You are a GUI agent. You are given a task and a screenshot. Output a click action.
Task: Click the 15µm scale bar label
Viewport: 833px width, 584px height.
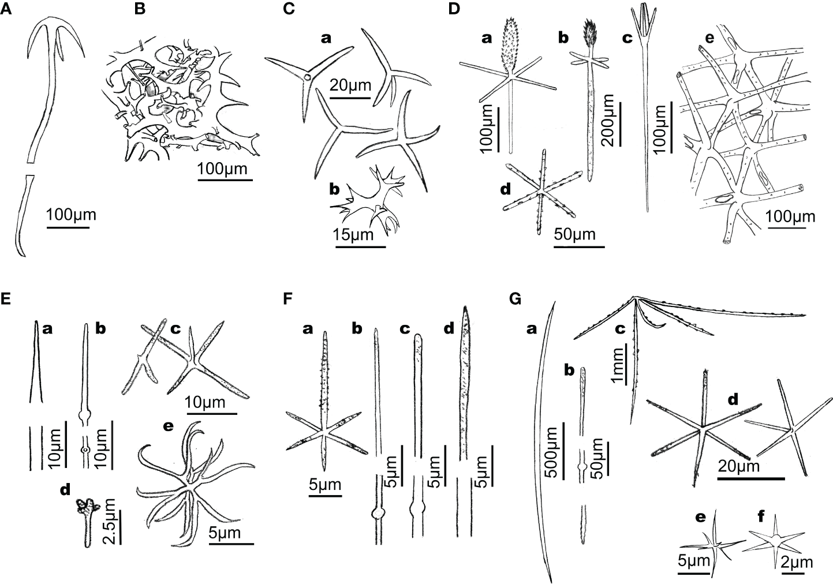pyautogui.click(x=352, y=235)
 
